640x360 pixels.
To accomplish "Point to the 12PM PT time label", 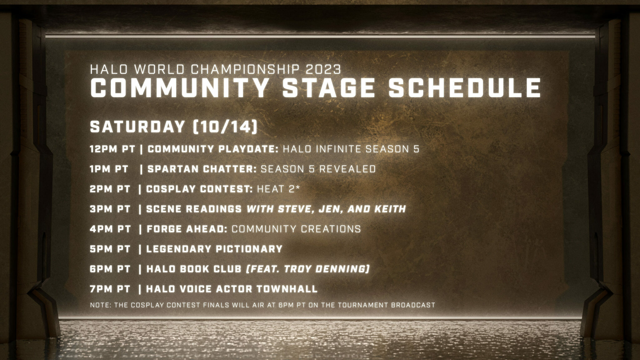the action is click(112, 149).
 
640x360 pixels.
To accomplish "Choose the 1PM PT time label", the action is click(109, 169).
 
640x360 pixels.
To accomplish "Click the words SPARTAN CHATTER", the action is click(202, 169).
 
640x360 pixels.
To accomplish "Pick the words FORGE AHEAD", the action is click(187, 229).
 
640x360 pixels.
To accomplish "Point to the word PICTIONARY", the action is click(249, 249).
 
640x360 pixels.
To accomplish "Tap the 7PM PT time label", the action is click(110, 289).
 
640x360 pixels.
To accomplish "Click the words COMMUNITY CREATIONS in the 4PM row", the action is click(296, 229).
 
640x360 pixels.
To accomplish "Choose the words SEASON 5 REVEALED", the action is click(318, 169).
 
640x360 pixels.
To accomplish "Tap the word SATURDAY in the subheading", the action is click(137, 127).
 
